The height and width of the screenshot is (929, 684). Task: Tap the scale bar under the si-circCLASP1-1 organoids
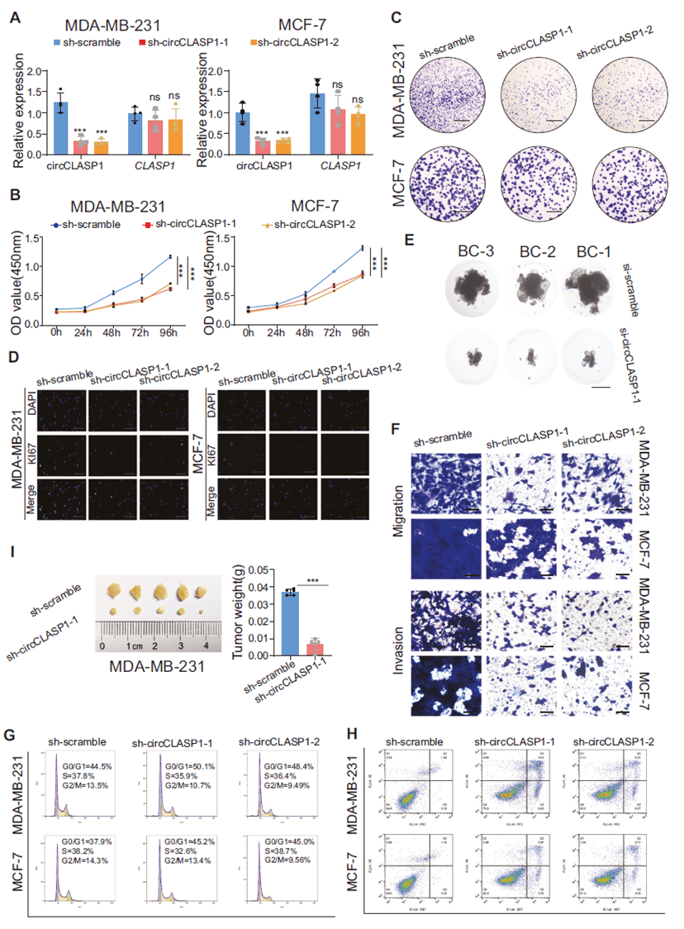coord(600,386)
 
